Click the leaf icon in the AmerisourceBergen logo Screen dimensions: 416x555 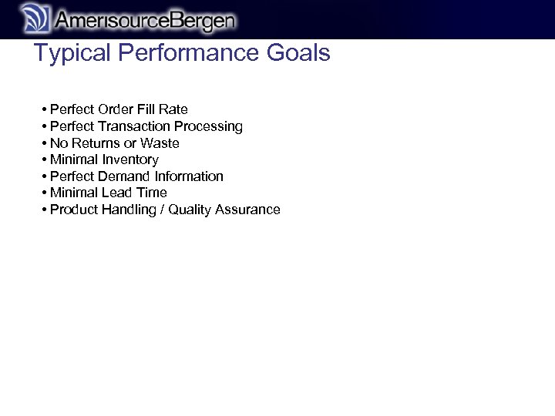point(35,18)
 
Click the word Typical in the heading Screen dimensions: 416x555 point(71,53)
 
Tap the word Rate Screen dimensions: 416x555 point(173,109)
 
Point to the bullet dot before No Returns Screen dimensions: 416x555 point(45,143)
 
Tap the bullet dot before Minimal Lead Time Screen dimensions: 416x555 point(45,193)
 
